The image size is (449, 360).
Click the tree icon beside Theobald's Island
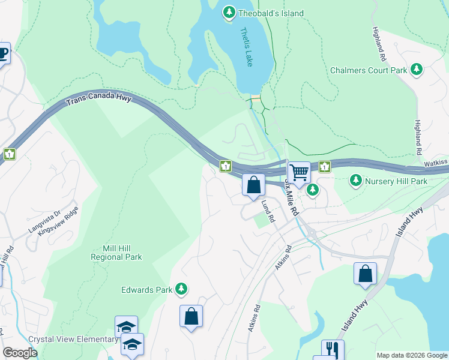pyautogui.click(x=229, y=13)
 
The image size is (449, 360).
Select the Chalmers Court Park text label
pyautogui.click(x=369, y=70)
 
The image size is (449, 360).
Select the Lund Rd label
pyautogui.click(x=268, y=211)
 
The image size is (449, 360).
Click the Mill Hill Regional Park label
pyautogui.click(x=116, y=252)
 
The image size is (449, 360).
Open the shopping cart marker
pyautogui.click(x=299, y=173)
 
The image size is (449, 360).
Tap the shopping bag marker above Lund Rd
pyautogui.click(x=253, y=184)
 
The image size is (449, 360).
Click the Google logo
pyautogui.click(x=20, y=353)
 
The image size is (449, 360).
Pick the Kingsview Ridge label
pyautogui.click(x=59, y=220)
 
